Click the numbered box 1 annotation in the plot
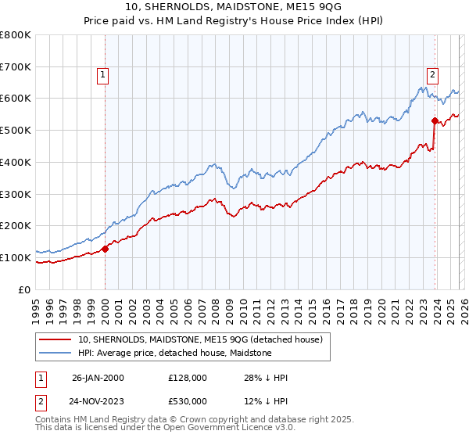point(103,75)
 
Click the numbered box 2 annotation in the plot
point(432,75)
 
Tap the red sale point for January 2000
point(106,249)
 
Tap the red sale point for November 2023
point(435,120)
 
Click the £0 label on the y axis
point(24,289)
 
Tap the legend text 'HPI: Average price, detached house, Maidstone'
point(174,353)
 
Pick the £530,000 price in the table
point(188,401)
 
